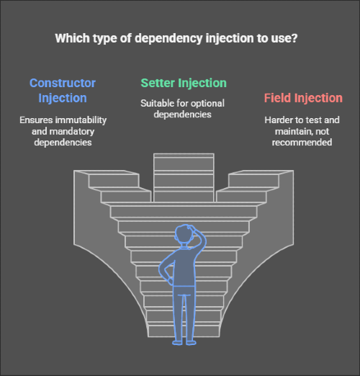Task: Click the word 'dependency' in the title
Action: click(x=168, y=39)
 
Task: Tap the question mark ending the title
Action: click(x=294, y=38)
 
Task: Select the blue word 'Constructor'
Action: click(x=63, y=83)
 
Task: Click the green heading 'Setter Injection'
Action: click(x=184, y=83)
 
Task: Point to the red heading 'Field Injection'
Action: click(x=303, y=98)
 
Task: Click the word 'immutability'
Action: click(x=81, y=120)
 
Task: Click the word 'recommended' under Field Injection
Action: click(x=302, y=142)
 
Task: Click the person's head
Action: click(x=184, y=233)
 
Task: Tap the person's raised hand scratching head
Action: click(x=193, y=228)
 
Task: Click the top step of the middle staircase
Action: click(x=184, y=156)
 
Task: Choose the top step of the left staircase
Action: click(x=107, y=172)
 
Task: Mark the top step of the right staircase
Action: click(x=261, y=172)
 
